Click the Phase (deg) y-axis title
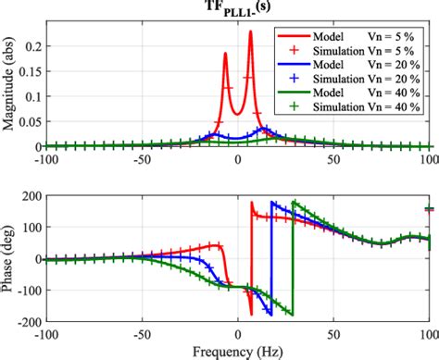11,258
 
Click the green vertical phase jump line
293,259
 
